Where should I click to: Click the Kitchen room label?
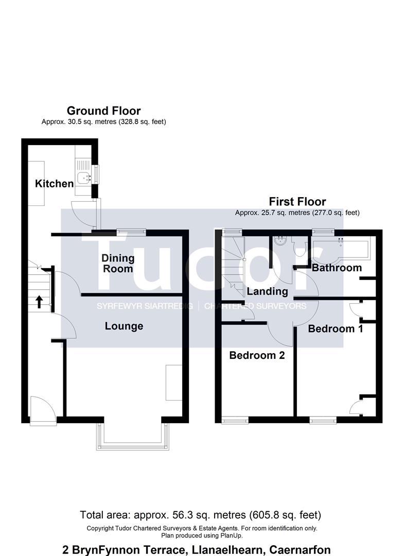pyautogui.click(x=54, y=184)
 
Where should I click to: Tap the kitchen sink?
pyautogui.click(x=84, y=177)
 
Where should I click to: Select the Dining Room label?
pyautogui.click(x=118, y=264)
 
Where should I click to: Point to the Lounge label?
pyautogui.click(x=124, y=326)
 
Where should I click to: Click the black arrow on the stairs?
pyautogui.click(x=39, y=302)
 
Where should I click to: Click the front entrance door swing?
pyautogui.click(x=43, y=410)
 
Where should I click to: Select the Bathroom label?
pyautogui.click(x=337, y=268)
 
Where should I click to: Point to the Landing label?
pyautogui.click(x=267, y=291)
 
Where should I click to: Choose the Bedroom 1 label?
pyautogui.click(x=335, y=328)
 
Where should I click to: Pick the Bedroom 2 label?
pyautogui.click(x=257, y=355)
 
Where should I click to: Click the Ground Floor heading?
pyautogui.click(x=103, y=111)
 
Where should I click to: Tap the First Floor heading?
pyautogui.click(x=297, y=202)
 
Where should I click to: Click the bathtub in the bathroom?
pyautogui.click(x=340, y=249)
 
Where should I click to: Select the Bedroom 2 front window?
pyautogui.click(x=235, y=420)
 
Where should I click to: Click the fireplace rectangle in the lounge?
pyautogui.click(x=174, y=382)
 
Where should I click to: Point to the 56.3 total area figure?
pyautogui.click(x=182, y=515)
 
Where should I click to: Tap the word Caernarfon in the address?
pyautogui.click(x=300, y=550)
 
